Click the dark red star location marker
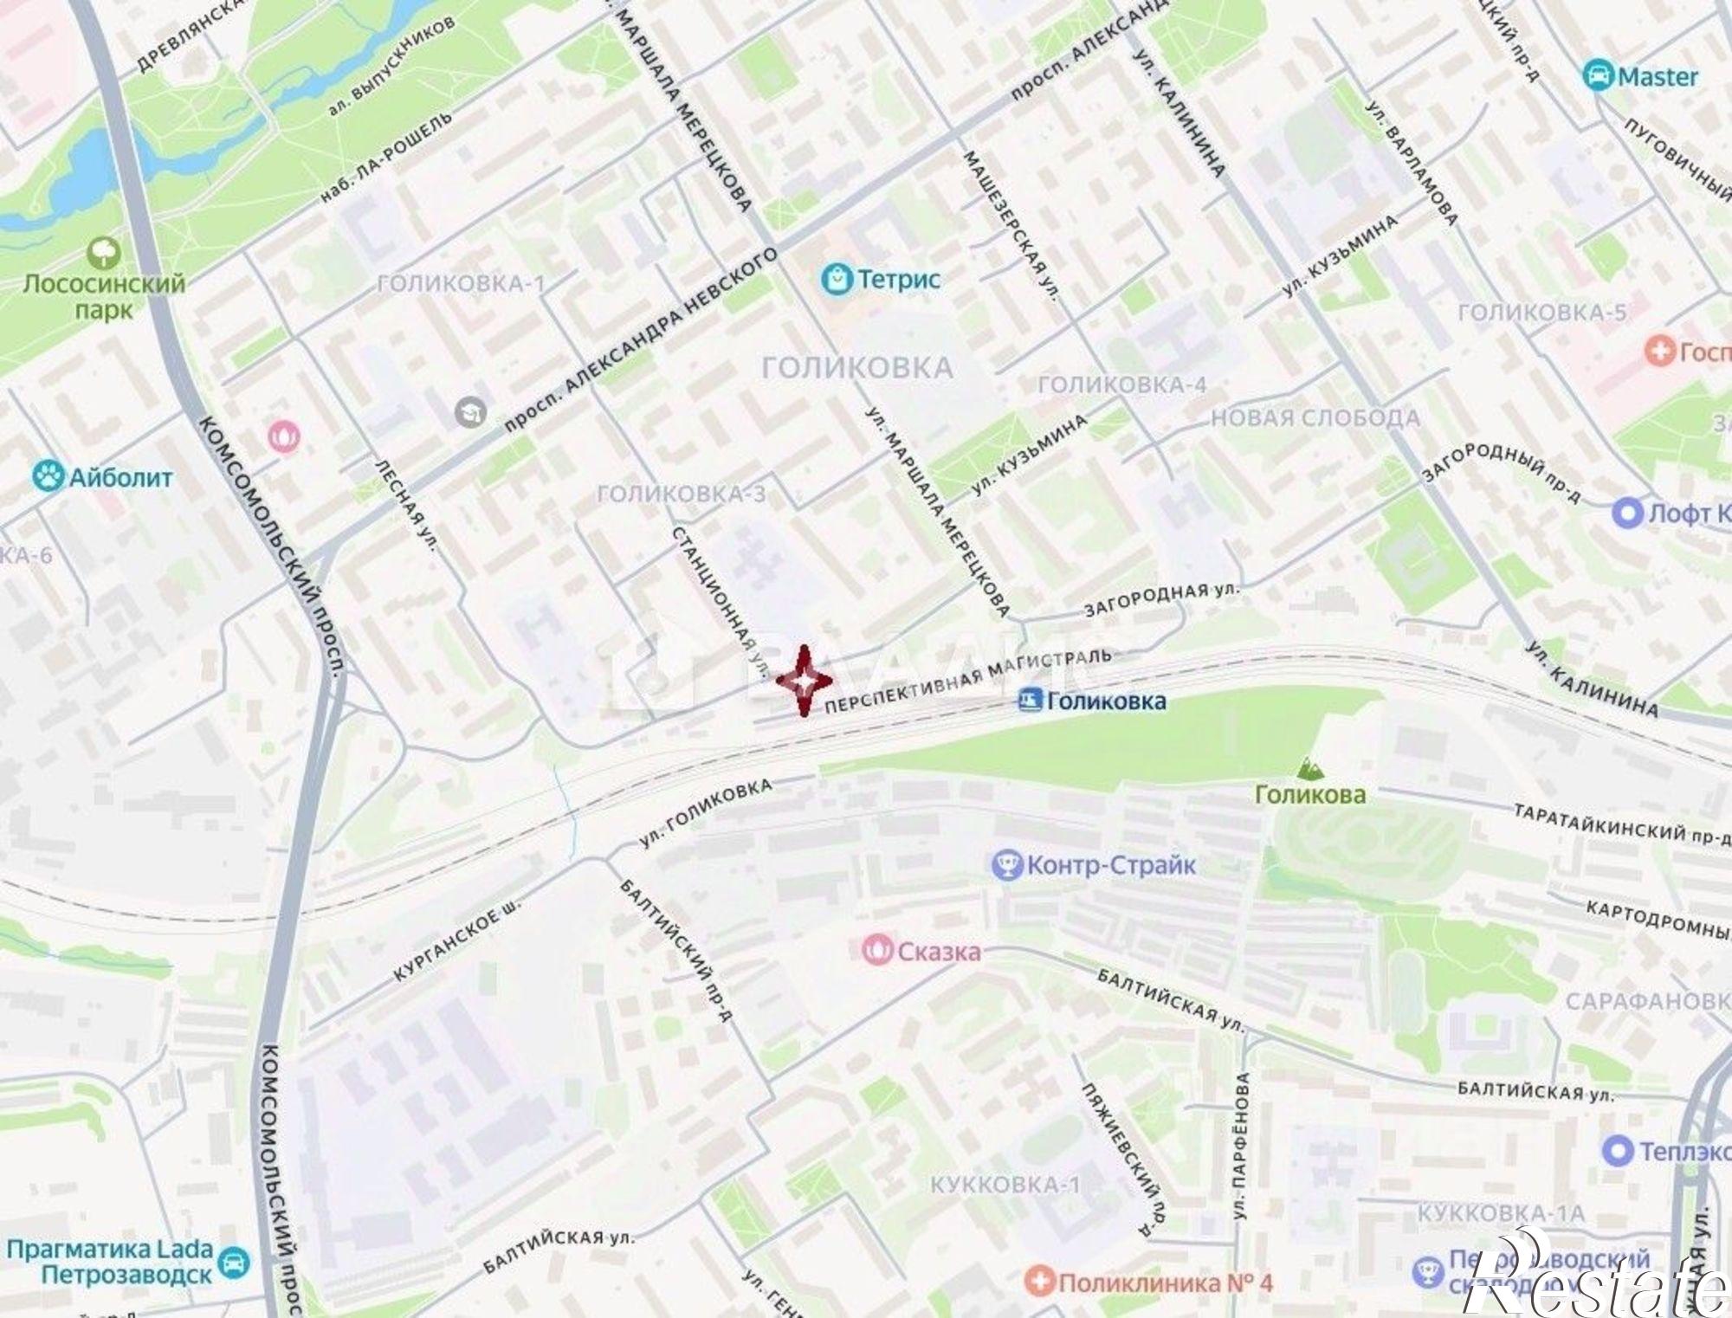[804, 682]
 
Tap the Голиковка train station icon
[1030, 700]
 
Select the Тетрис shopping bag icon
[836, 279]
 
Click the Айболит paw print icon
[48, 476]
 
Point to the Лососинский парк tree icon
[104, 253]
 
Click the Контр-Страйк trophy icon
[1006, 864]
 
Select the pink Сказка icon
[877, 950]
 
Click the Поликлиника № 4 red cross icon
[1039, 1281]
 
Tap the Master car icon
[1597, 76]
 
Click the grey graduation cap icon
[470, 412]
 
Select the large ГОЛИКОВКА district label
[856, 368]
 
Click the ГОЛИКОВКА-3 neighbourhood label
[682, 494]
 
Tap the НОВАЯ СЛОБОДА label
[1315, 418]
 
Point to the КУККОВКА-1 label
[1005, 1185]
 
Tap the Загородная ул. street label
[1160, 599]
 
